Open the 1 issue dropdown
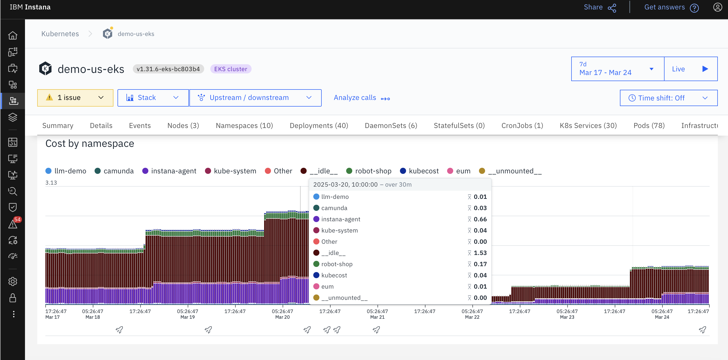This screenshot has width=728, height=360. tap(75, 98)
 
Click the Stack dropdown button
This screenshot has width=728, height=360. tap(153, 98)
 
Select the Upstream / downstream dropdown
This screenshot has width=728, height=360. tap(255, 98)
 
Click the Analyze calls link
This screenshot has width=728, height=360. tap(361, 98)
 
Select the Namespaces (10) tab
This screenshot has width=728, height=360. tap(244, 125)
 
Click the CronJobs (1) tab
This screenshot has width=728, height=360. tap(522, 125)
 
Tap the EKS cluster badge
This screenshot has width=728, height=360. tap(230, 69)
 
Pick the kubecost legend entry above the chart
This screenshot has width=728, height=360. tap(419, 171)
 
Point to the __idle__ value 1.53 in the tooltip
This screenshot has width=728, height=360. tap(480, 253)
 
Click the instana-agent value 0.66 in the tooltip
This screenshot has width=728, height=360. tap(480, 219)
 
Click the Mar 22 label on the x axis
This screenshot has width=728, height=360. tap(472, 317)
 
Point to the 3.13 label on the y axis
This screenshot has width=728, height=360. tap(51, 183)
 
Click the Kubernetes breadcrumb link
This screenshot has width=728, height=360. tap(60, 34)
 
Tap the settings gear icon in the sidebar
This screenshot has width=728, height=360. tap(13, 281)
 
